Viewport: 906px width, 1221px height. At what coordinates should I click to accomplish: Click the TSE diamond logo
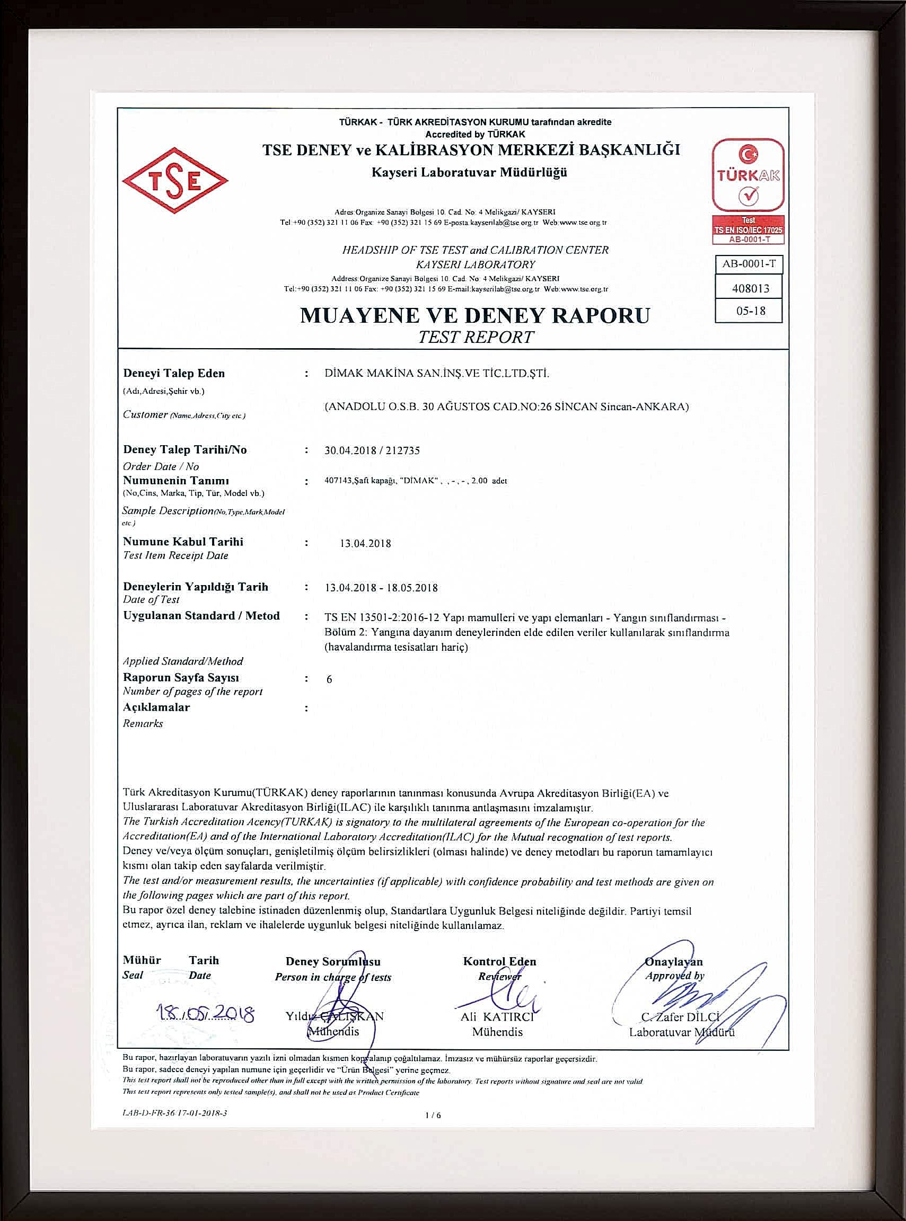click(x=175, y=180)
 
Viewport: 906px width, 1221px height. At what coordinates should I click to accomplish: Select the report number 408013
click(x=750, y=288)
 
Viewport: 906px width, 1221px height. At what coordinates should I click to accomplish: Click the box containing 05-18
click(x=750, y=311)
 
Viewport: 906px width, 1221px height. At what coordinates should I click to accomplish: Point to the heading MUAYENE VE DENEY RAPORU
click(x=475, y=316)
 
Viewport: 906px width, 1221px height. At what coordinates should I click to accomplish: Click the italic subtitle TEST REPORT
click(x=476, y=337)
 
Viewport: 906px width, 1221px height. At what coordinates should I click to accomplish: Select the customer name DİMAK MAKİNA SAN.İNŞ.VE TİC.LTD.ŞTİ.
click(x=436, y=374)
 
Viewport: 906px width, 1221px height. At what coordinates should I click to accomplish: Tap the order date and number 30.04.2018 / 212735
click(x=372, y=450)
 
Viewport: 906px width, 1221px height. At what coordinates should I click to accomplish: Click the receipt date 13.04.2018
click(x=365, y=543)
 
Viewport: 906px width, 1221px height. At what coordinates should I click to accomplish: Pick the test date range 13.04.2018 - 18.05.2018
click(x=381, y=588)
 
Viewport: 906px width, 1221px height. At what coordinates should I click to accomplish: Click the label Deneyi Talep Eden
click(x=174, y=374)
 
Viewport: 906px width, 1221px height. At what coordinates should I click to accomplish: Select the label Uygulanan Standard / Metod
click(x=201, y=616)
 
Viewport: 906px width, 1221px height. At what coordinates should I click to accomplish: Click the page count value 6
click(x=329, y=679)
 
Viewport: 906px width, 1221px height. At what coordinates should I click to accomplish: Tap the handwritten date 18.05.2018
click(x=205, y=1014)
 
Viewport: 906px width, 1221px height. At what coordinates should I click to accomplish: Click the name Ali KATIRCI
click(x=497, y=1017)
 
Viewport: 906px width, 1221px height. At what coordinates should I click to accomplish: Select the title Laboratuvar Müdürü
click(x=681, y=1032)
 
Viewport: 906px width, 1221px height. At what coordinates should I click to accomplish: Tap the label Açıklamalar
click(x=156, y=707)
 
